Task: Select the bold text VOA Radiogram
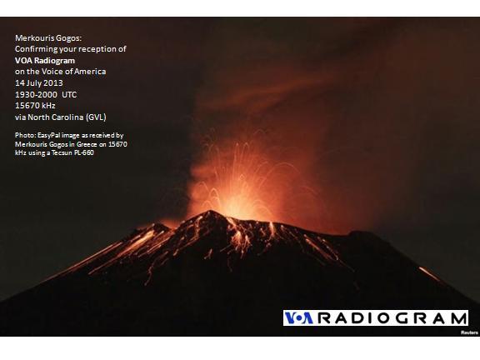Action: click(45, 61)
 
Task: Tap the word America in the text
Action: click(90, 72)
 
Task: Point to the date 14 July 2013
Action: click(39, 83)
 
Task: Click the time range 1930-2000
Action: click(36, 95)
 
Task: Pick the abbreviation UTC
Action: click(69, 95)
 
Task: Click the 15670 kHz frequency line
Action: click(35, 106)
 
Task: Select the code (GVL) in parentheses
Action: click(96, 117)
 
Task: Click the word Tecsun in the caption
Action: click(62, 152)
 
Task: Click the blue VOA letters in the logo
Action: click(298, 318)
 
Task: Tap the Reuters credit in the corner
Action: click(469, 332)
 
